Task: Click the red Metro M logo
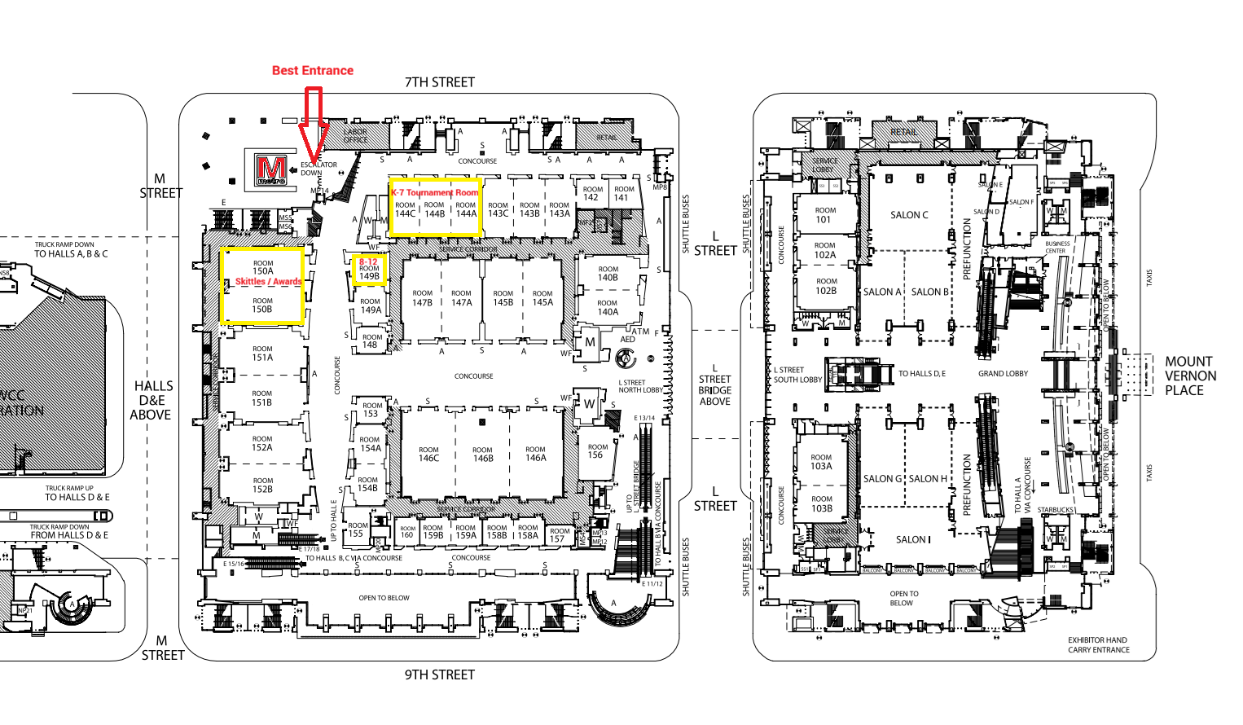coord(271,169)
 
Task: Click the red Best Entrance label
coord(313,71)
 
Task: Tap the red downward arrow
coord(313,122)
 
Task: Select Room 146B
coord(482,454)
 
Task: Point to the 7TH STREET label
coord(440,82)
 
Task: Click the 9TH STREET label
coord(440,674)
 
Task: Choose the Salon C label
coord(909,215)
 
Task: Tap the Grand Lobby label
coord(1003,374)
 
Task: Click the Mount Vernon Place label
coord(1190,376)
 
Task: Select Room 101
coord(824,214)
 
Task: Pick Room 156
coord(597,451)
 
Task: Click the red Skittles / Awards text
coord(268,282)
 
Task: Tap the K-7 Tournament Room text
coord(435,193)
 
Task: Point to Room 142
coord(592,193)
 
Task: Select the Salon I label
coord(913,539)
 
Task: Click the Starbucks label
coord(1055,510)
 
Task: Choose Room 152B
coord(262,485)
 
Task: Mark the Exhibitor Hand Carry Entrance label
coord(1098,645)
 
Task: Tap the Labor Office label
coord(355,135)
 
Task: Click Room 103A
coord(821,462)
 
